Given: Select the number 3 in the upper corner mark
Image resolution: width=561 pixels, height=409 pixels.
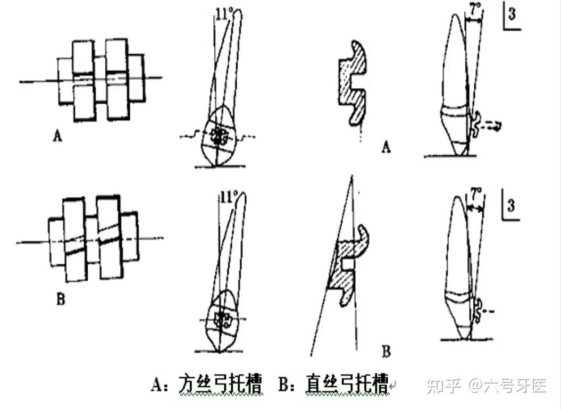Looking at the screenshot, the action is [511, 14].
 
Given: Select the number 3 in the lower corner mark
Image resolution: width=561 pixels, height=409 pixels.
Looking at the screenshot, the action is [511, 204].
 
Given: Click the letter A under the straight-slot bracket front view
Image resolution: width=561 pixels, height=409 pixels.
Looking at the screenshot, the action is [57, 136].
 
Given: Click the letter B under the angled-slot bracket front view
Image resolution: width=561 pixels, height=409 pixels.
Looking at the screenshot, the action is [60, 300].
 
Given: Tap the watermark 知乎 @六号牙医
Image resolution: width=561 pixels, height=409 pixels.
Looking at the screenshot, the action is [486, 386].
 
